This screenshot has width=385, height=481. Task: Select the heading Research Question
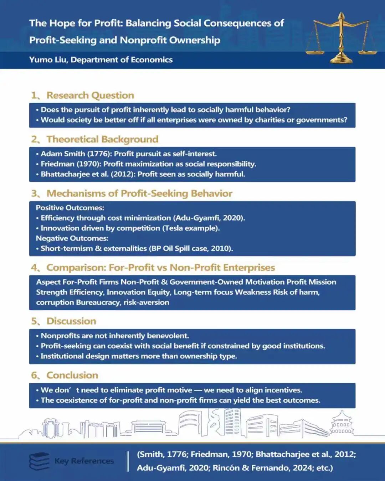[x=90, y=95]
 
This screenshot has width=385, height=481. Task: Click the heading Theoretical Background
[x=102, y=139]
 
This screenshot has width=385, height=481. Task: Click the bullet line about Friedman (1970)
[x=148, y=164]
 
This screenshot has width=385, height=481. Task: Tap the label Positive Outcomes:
[x=70, y=208]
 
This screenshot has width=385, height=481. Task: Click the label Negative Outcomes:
[x=72, y=238]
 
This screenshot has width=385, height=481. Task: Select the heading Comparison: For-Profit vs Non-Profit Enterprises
[x=160, y=268]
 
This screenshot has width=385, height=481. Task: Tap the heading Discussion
[x=71, y=321]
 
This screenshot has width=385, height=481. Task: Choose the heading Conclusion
[x=72, y=376]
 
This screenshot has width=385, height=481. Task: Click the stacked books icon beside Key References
[x=39, y=461]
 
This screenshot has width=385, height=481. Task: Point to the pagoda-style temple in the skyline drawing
[x=341, y=423]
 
